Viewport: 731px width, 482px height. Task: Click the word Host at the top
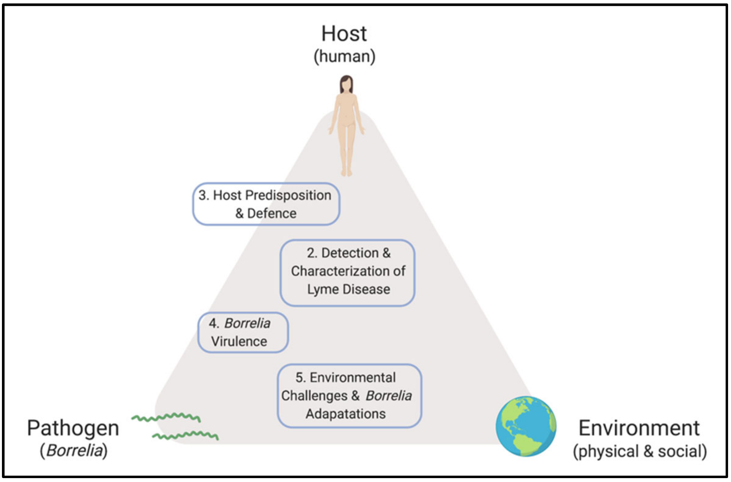coord(344,34)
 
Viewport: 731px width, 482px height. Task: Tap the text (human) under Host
coord(345,57)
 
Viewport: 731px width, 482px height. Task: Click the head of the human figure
coord(346,84)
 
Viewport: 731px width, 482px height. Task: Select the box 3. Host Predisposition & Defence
coord(266,204)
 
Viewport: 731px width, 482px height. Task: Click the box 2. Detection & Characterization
coord(347,273)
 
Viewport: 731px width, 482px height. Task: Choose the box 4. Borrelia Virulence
coord(243,332)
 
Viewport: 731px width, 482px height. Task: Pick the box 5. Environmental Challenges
coord(349,395)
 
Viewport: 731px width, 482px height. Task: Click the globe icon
coord(526,426)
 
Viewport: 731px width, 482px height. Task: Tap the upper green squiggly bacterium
coord(166,417)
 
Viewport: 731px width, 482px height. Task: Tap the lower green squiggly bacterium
coord(185,435)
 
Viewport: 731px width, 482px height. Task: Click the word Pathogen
coord(73,428)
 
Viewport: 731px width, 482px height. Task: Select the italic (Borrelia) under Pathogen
coord(74,451)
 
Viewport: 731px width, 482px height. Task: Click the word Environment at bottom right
coord(639,428)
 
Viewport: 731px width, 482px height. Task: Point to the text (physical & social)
coord(640,451)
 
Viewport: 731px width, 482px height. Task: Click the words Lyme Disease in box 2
coord(348,289)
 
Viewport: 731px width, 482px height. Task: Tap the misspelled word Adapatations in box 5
coord(346,414)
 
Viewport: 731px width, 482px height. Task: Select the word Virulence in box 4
coord(239,341)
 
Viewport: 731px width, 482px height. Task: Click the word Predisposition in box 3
coord(288,195)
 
